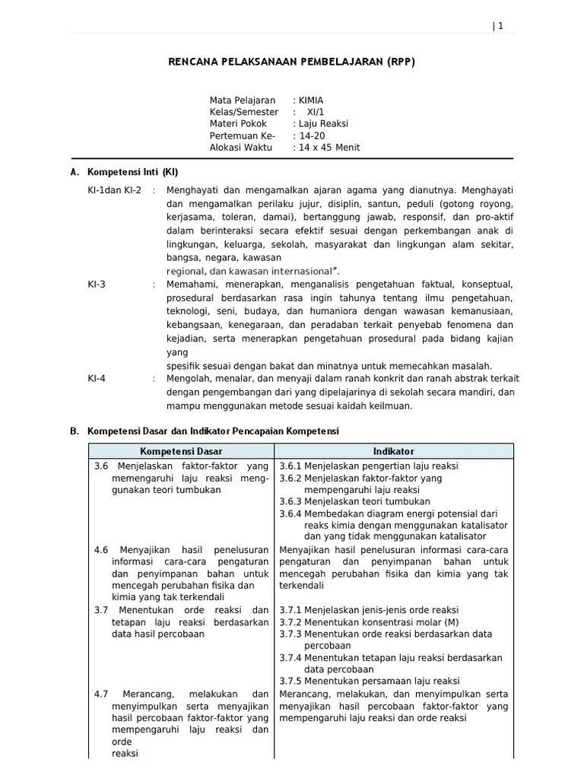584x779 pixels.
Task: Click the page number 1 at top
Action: click(x=500, y=26)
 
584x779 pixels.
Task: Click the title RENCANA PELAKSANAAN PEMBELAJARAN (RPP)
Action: click(x=291, y=62)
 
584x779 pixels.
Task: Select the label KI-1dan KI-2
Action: click(x=114, y=189)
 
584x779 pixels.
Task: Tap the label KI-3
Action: click(x=97, y=285)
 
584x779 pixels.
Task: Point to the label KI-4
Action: click(x=97, y=378)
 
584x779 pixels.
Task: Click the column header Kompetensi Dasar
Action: click(x=181, y=452)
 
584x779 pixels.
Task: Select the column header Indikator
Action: click(x=393, y=452)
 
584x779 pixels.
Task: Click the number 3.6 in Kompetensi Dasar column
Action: click(x=101, y=466)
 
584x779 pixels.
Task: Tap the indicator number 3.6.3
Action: click(x=290, y=502)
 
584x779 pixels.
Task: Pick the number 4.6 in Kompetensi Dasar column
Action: click(x=101, y=550)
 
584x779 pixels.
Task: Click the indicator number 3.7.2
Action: click(x=290, y=622)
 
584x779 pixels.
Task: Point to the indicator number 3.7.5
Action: click(x=290, y=681)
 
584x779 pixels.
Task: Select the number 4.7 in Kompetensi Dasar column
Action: click(x=101, y=695)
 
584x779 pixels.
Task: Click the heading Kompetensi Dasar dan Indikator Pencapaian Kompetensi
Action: click(x=213, y=431)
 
